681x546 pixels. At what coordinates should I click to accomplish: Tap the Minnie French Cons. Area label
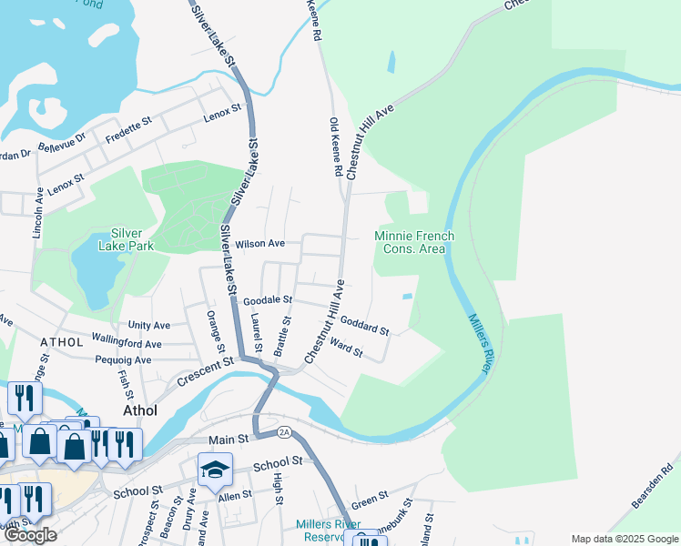click(x=414, y=242)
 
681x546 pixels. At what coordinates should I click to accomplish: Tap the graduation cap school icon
click(x=215, y=470)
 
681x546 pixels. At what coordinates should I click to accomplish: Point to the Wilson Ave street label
click(x=260, y=244)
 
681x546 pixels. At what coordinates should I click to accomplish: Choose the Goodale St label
click(x=268, y=298)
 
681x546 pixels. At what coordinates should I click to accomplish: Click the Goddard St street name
click(x=364, y=324)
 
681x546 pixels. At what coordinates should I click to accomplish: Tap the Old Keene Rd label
click(x=334, y=146)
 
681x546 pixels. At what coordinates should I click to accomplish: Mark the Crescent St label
click(x=206, y=372)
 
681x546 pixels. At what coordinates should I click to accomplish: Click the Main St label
click(x=229, y=440)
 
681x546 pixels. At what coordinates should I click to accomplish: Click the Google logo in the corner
click(x=30, y=535)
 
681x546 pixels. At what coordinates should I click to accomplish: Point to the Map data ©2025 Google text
click(x=624, y=539)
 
